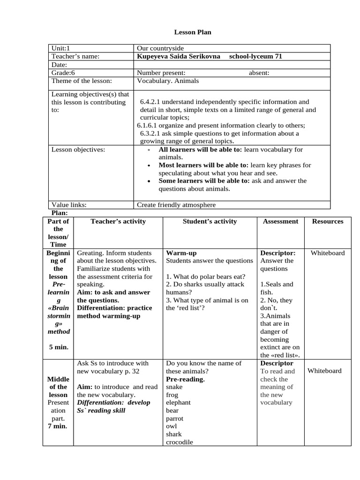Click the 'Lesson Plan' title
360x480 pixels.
click(x=193, y=32)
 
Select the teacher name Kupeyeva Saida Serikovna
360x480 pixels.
click(x=178, y=56)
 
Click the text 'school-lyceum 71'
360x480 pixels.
click(x=255, y=56)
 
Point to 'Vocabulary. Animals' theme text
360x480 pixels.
click(x=168, y=81)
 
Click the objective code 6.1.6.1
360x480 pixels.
click(x=149, y=125)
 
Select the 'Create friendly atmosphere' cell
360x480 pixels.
click(x=176, y=205)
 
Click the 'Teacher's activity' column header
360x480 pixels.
click(x=118, y=221)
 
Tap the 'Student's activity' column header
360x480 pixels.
click(x=210, y=221)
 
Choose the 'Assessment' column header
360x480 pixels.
click(x=280, y=221)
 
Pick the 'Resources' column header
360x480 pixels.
click(x=327, y=221)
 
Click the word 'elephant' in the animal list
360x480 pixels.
click(x=178, y=402)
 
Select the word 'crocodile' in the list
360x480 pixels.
click(x=179, y=442)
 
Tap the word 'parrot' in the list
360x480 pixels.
click(x=175, y=418)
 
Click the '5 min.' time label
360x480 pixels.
click(x=58, y=347)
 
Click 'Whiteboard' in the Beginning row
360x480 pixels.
click(x=327, y=253)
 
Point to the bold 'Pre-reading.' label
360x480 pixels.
click(x=185, y=379)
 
